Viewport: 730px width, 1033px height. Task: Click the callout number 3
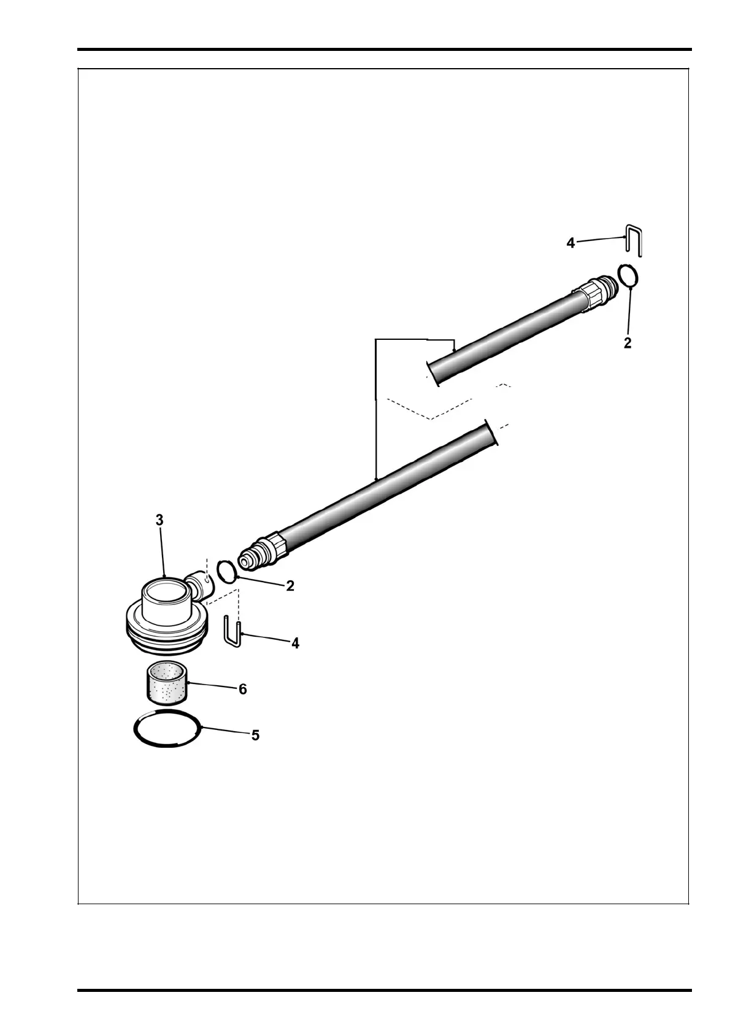click(x=159, y=520)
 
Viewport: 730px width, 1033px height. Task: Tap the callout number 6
click(x=243, y=689)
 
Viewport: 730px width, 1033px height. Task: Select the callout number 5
click(x=255, y=735)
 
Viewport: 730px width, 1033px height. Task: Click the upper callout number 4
click(x=571, y=244)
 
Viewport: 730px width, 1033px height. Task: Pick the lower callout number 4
click(x=295, y=643)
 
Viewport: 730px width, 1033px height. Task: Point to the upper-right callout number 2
click(x=628, y=344)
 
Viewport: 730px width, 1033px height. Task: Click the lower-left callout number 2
click(x=290, y=586)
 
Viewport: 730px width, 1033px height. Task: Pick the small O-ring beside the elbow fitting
click(x=227, y=571)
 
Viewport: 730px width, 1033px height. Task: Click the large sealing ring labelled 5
click(x=167, y=728)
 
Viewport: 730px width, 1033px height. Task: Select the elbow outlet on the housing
click(x=199, y=585)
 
